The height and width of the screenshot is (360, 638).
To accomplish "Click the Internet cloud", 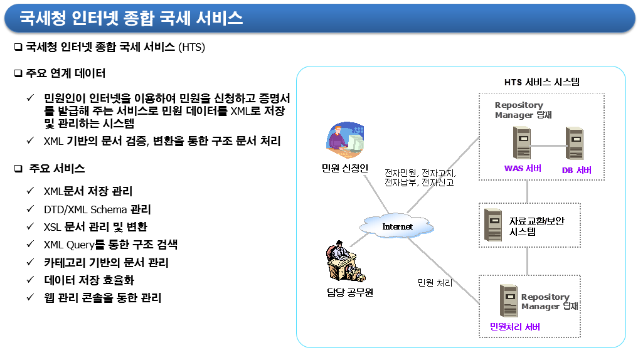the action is click(396, 226).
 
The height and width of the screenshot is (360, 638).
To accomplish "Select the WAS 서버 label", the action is click(523, 169).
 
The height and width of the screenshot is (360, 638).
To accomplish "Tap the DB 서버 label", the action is click(577, 170).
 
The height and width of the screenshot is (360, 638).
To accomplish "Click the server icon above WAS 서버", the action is click(522, 142).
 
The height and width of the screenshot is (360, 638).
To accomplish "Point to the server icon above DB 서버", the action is click(575, 143).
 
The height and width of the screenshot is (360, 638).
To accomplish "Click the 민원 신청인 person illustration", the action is click(345, 139).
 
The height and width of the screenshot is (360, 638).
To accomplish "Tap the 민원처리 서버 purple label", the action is click(514, 327).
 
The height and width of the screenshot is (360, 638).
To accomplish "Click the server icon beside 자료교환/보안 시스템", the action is click(493, 225).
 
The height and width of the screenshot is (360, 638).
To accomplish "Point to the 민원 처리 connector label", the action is click(435, 283).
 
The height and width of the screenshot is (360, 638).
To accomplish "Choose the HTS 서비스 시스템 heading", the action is click(542, 82).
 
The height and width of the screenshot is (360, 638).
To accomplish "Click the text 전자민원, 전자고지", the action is click(420, 173).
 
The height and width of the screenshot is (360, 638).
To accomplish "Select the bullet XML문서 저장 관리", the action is click(88, 191).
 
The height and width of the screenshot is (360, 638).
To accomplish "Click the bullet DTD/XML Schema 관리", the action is click(97, 209).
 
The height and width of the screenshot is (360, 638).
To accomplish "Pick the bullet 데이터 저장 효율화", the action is click(88, 280).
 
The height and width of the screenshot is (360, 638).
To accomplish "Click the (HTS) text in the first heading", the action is click(191, 47).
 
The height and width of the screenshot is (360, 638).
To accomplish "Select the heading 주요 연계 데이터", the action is click(65, 73).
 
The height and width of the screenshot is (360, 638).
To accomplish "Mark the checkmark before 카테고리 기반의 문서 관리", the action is click(30, 262).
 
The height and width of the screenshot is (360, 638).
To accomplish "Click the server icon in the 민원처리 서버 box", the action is click(509, 300).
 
